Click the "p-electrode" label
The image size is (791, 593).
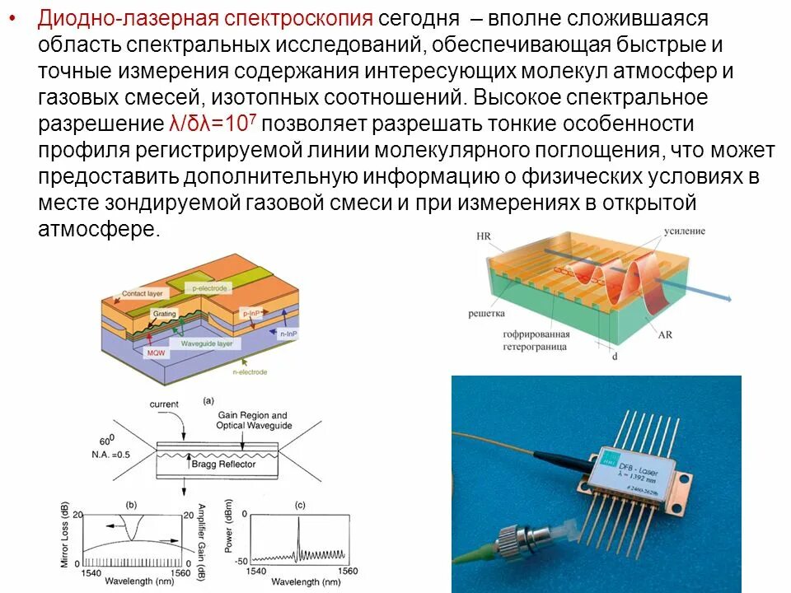211,288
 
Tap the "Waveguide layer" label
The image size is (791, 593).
205,343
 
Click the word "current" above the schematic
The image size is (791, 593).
164,404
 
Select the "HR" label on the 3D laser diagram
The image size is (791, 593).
484,236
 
